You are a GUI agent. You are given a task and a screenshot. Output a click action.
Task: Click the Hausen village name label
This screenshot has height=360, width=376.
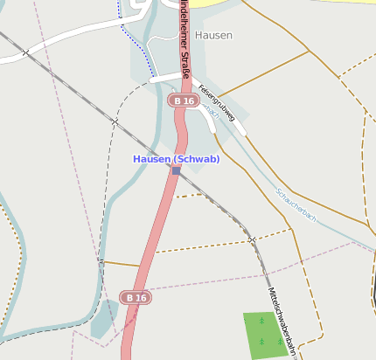pos(213,35)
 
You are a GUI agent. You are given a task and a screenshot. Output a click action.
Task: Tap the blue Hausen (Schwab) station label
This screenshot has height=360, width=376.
pos(176,159)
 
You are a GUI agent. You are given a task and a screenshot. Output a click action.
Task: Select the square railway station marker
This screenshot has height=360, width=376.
pos(176,171)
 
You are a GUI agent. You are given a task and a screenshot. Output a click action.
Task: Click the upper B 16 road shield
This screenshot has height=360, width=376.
pos(183,101)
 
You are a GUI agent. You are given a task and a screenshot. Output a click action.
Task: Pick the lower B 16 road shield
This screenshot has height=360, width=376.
pos(135,298)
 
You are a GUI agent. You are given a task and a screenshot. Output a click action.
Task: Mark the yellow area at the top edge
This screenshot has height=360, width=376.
pos(219,3)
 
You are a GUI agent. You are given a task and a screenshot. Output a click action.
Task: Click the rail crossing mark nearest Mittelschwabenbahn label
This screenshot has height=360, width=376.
pos(252,239)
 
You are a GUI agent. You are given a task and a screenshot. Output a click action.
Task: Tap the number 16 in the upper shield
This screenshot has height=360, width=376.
pos(187,101)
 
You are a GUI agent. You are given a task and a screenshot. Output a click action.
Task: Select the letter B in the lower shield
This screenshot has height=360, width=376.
pos(129,298)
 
